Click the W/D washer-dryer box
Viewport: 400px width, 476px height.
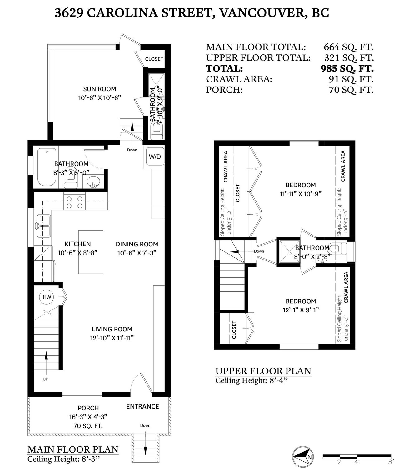tap(155, 156)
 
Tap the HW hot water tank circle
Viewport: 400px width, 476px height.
tap(47, 297)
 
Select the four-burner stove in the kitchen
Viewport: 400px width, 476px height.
tap(74, 201)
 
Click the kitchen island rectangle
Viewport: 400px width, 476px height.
tap(91, 252)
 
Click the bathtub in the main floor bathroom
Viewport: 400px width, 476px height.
tap(47, 167)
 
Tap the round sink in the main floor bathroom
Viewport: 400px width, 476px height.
tap(93, 182)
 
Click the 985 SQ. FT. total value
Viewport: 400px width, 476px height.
tap(347, 68)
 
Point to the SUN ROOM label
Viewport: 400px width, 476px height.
tap(100, 89)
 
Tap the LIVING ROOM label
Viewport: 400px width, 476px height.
tap(112, 329)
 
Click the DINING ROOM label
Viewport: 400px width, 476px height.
tap(137, 244)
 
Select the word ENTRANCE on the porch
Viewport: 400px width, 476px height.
tap(142, 406)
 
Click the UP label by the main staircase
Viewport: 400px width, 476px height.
tap(45, 379)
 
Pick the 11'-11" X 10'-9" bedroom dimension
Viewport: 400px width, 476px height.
tap(301, 194)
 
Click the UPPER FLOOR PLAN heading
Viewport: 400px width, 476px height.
tap(263, 371)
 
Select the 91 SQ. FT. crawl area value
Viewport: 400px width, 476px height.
tap(351, 79)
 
